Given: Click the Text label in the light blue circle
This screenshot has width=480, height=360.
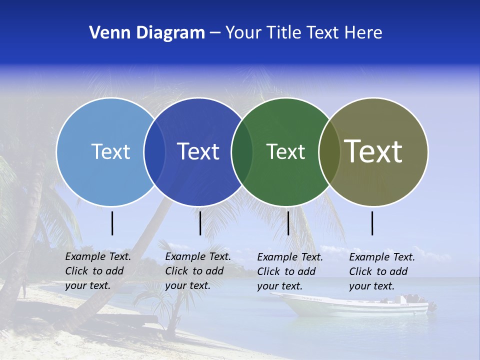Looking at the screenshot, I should [x=110, y=151].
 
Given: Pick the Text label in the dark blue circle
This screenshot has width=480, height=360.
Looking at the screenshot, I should [x=198, y=151].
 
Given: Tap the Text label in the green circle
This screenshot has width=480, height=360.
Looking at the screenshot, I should [x=285, y=151].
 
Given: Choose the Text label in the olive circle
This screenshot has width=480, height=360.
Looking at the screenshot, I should [x=373, y=151].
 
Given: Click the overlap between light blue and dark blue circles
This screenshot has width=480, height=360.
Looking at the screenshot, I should [x=154, y=152].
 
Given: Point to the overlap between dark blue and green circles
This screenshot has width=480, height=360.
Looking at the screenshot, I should [x=242, y=152].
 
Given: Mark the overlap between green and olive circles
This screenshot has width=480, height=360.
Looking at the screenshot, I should [x=329, y=152].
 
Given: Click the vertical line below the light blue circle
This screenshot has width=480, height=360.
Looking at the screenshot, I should [x=112, y=223].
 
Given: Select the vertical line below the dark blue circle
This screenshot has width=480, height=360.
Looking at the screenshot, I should [x=200, y=223].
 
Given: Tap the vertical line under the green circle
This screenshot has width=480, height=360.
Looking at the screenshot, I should [x=288, y=223].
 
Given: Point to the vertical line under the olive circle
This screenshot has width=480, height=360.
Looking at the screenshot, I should [x=372, y=223].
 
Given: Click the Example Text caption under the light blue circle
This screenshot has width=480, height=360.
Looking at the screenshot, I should [x=98, y=271].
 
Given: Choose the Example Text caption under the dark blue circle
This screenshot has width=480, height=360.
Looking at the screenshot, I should [x=198, y=271].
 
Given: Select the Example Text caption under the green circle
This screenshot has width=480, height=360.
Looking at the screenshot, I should [x=290, y=271].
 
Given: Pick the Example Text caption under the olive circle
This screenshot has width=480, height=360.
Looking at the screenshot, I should [x=382, y=271].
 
